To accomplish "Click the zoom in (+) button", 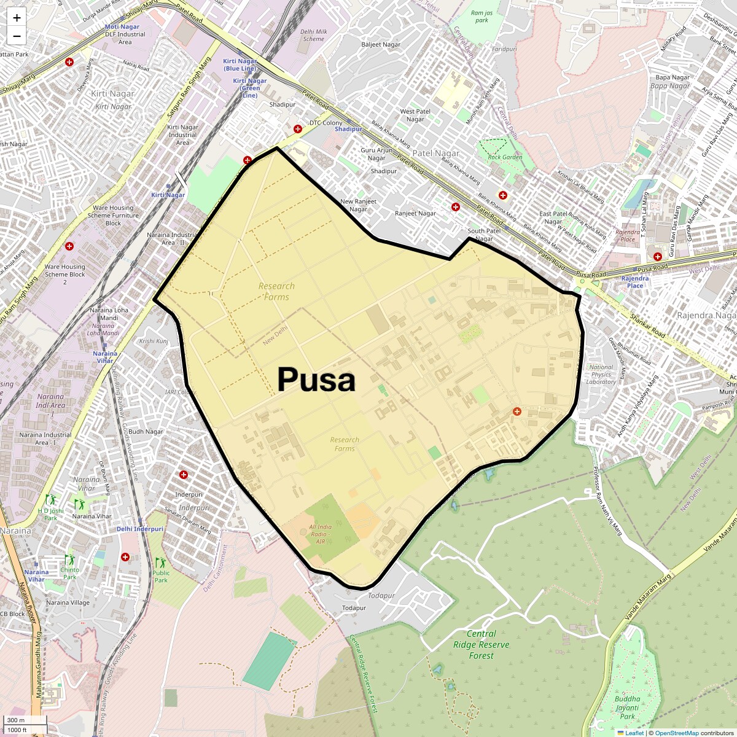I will [17, 18].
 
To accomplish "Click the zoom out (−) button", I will [17, 36].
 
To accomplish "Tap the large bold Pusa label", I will [316, 380].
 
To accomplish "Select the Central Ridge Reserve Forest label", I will [481, 644].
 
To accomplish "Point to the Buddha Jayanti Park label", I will [627, 708].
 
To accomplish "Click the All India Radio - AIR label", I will [321, 534].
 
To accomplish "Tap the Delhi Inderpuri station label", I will [140, 529].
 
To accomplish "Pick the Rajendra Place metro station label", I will [635, 282].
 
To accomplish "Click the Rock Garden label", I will [505, 157].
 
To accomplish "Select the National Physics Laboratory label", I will [601, 374].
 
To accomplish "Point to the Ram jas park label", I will [482, 17].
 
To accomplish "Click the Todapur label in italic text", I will [381, 596].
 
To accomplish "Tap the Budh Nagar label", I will [146, 432].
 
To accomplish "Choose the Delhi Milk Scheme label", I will [313, 35].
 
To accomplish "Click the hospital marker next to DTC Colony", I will [298, 129].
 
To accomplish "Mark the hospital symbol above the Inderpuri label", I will [184, 475].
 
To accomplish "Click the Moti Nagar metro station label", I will [122, 27].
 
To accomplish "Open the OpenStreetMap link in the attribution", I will [676, 733].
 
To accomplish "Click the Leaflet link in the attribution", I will [634, 733].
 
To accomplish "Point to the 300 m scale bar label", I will [16, 720].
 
